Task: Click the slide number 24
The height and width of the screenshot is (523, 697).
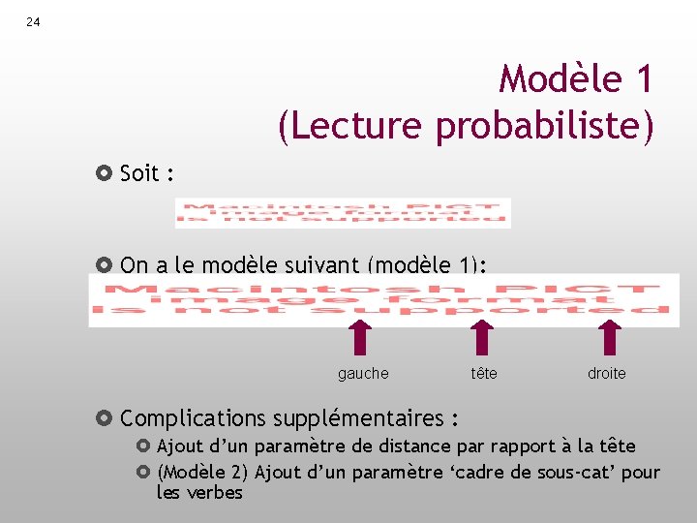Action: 33,21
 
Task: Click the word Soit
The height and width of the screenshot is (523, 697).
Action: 139,174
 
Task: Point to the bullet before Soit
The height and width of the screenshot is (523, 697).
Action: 106,174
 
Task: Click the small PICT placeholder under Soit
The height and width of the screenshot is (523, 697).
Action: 343,213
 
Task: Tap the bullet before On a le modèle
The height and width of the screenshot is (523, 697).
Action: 106,264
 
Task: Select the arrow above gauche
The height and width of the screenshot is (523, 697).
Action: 360,338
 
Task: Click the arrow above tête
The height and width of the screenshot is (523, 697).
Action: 481,338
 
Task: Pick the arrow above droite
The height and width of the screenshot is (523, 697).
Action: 608,338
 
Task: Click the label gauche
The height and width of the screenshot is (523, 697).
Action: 363,374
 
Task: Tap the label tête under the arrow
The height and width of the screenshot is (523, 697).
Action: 484,374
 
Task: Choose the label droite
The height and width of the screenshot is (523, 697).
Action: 607,374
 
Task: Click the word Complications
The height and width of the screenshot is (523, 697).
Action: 193,418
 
